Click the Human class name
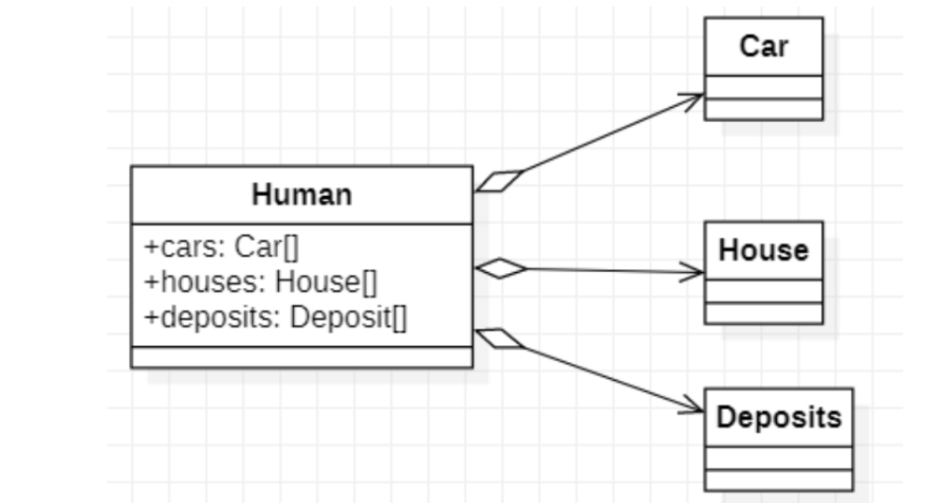(x=301, y=195)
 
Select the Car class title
(x=763, y=46)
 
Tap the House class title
(x=763, y=250)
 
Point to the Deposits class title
(x=778, y=417)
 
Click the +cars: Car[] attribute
(x=222, y=246)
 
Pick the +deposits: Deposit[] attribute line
(x=275, y=317)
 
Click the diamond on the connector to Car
(x=498, y=181)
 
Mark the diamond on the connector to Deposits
(x=499, y=338)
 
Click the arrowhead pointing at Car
(x=693, y=98)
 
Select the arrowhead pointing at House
(x=693, y=272)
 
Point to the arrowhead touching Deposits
(x=693, y=408)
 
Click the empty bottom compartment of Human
(x=301, y=357)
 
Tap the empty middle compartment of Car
(x=763, y=87)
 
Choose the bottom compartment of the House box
(x=763, y=313)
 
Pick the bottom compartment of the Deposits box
(x=778, y=480)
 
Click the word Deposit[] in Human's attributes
(x=348, y=317)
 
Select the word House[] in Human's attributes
(x=326, y=282)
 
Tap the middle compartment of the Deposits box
(x=778, y=458)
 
